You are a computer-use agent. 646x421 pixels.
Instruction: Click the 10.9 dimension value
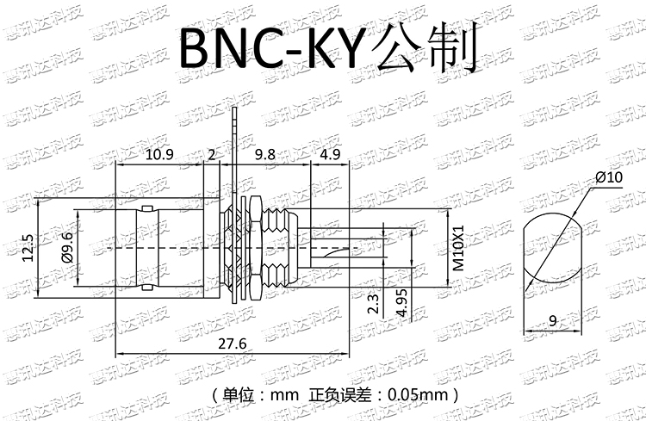(x=159, y=154)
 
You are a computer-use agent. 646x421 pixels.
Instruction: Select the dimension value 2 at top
(x=213, y=154)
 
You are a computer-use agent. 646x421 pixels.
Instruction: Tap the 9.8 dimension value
(x=266, y=154)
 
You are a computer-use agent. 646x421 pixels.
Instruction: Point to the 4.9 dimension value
(x=330, y=154)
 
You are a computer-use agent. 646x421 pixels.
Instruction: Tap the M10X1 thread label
(x=459, y=249)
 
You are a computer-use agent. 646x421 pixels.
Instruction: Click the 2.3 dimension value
(x=372, y=304)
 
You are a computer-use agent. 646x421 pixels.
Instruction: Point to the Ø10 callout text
(x=608, y=177)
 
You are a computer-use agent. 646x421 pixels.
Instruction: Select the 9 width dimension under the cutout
(x=552, y=322)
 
